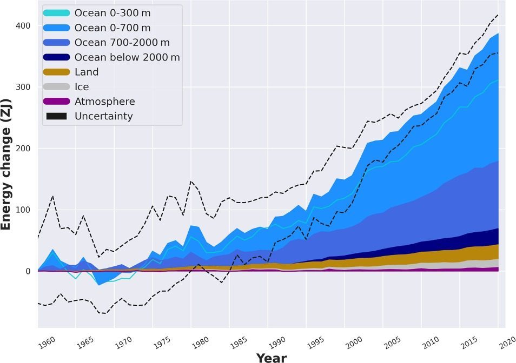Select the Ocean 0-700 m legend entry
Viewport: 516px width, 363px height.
(112, 28)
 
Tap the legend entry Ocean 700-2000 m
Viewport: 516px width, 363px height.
(122, 42)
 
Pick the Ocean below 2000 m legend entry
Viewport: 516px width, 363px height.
(127, 57)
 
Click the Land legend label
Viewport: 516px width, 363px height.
(87, 72)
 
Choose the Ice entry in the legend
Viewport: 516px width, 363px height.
(82, 86)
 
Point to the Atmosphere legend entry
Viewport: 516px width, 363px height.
(104, 102)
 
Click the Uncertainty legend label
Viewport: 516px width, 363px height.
(103, 116)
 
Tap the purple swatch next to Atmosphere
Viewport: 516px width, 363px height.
(56, 102)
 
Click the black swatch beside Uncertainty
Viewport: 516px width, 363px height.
(56, 116)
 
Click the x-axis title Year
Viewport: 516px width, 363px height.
(272, 357)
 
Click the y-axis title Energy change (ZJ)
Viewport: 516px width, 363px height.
(6, 164)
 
